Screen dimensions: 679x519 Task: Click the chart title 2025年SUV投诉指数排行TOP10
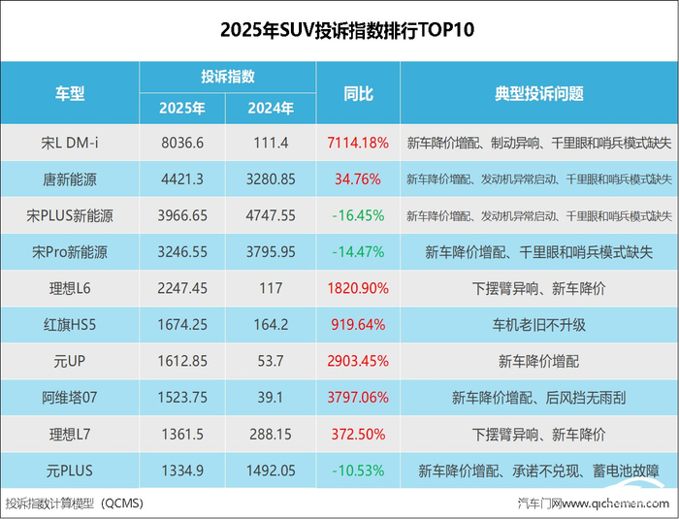347,30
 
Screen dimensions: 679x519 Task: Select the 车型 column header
69,93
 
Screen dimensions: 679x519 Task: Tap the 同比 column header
358,93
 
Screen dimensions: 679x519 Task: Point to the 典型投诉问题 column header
539,93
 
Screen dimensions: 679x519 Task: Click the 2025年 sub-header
182,109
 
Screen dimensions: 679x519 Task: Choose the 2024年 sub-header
271,109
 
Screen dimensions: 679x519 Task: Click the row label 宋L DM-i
70,143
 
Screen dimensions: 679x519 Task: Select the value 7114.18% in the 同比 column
358,143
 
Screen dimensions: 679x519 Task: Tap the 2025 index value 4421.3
182,178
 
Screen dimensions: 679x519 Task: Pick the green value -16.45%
358,215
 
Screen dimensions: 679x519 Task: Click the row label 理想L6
70,288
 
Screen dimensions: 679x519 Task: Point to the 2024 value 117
271,288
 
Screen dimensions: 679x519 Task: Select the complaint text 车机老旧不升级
539,325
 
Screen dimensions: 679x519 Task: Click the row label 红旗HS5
70,324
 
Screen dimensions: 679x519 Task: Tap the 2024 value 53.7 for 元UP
271,361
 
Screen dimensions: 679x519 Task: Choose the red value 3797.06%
358,398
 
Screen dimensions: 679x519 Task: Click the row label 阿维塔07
70,398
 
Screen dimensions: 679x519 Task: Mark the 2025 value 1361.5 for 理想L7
182,434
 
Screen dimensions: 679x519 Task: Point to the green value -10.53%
358,470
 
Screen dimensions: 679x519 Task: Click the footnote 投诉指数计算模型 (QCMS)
74,503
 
